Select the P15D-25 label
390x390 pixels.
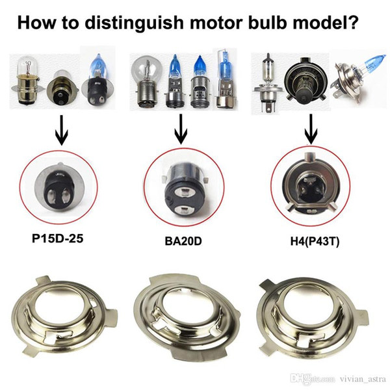[x=57, y=239]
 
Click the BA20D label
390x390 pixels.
[x=183, y=241]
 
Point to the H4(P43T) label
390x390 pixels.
[x=315, y=241]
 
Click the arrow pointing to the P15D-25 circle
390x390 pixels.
[x=62, y=130]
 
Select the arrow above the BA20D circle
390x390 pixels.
[x=181, y=129]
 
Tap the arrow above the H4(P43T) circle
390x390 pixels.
[x=311, y=129]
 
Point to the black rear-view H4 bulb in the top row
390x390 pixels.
[x=305, y=80]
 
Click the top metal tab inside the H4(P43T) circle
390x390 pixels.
[x=310, y=157]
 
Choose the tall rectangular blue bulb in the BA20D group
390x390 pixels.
[x=226, y=79]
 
